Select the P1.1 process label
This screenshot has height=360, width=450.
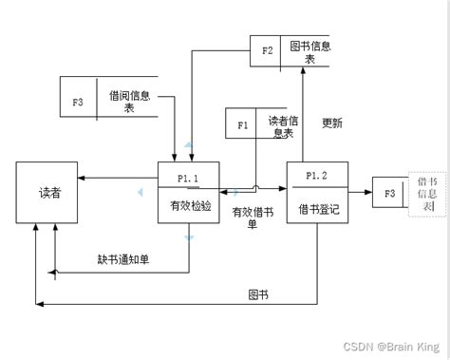[x=188, y=177]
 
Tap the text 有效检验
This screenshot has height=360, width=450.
[x=188, y=206]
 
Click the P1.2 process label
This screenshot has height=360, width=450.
[x=316, y=176]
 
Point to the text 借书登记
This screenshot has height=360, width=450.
[x=316, y=207]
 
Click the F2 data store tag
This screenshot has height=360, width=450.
[x=267, y=50]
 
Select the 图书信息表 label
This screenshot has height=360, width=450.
[x=309, y=50]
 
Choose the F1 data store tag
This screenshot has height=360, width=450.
[x=241, y=124]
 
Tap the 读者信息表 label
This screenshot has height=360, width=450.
[x=282, y=126]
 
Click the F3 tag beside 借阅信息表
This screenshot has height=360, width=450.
[x=78, y=102]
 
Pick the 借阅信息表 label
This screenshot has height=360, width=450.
[x=128, y=102]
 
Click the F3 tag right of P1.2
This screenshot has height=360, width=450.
[x=389, y=193]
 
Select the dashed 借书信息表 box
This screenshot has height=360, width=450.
[x=427, y=193]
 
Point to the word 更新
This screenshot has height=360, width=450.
[x=332, y=123]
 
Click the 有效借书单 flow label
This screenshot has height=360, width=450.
[x=252, y=218]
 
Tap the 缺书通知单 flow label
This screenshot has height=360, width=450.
[x=122, y=258]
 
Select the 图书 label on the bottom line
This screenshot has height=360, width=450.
[x=257, y=294]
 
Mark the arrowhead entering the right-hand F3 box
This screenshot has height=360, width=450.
[x=369, y=193]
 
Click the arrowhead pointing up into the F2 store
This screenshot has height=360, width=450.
[x=301, y=72]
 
